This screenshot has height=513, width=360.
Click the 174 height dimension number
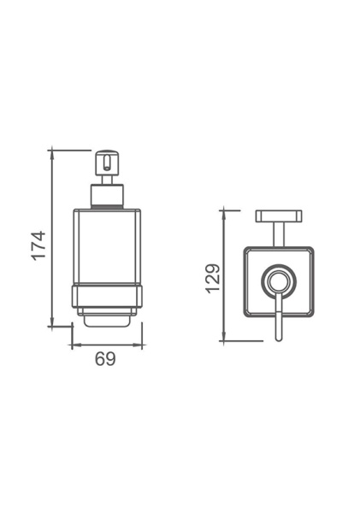pos(38,245)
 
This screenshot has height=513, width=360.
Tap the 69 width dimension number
pos(105,359)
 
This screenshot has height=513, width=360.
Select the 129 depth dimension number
pos(213,278)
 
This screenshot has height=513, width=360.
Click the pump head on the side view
pos(105,163)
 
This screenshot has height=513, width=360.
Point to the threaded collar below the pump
pos(106,200)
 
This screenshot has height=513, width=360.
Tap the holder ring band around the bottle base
pos(106,296)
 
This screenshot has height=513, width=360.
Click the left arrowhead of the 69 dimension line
pos(73,346)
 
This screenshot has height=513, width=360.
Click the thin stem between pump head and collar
pos(106,182)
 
